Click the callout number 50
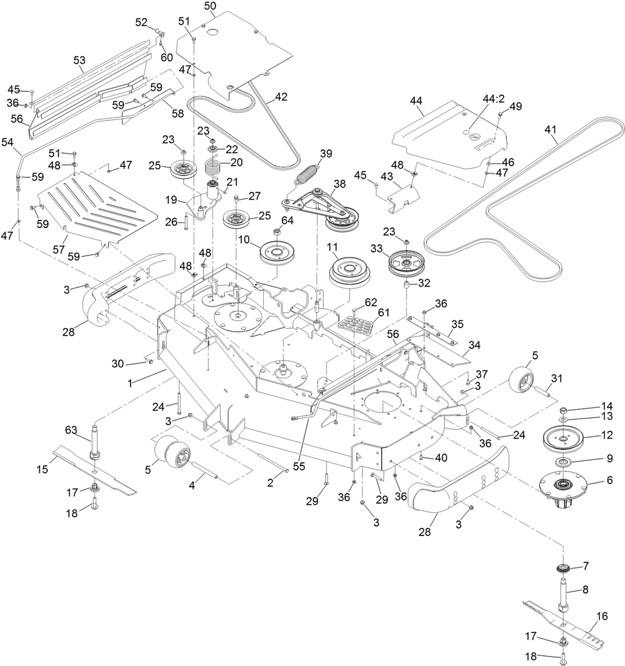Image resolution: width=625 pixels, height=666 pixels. click(210, 6)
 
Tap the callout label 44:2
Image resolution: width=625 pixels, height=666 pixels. click(493, 99)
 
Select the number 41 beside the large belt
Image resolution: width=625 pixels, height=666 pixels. click(550, 129)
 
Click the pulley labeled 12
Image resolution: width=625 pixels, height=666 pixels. click(562, 439)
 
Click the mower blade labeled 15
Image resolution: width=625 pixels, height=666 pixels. click(94, 470)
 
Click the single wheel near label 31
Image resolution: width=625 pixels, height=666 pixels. click(521, 381)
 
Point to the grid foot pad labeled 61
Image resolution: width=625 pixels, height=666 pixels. click(355, 326)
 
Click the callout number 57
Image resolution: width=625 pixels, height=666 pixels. click(59, 249)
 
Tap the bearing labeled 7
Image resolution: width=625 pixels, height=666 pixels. click(563, 569)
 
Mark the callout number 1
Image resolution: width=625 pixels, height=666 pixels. click(130, 383)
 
